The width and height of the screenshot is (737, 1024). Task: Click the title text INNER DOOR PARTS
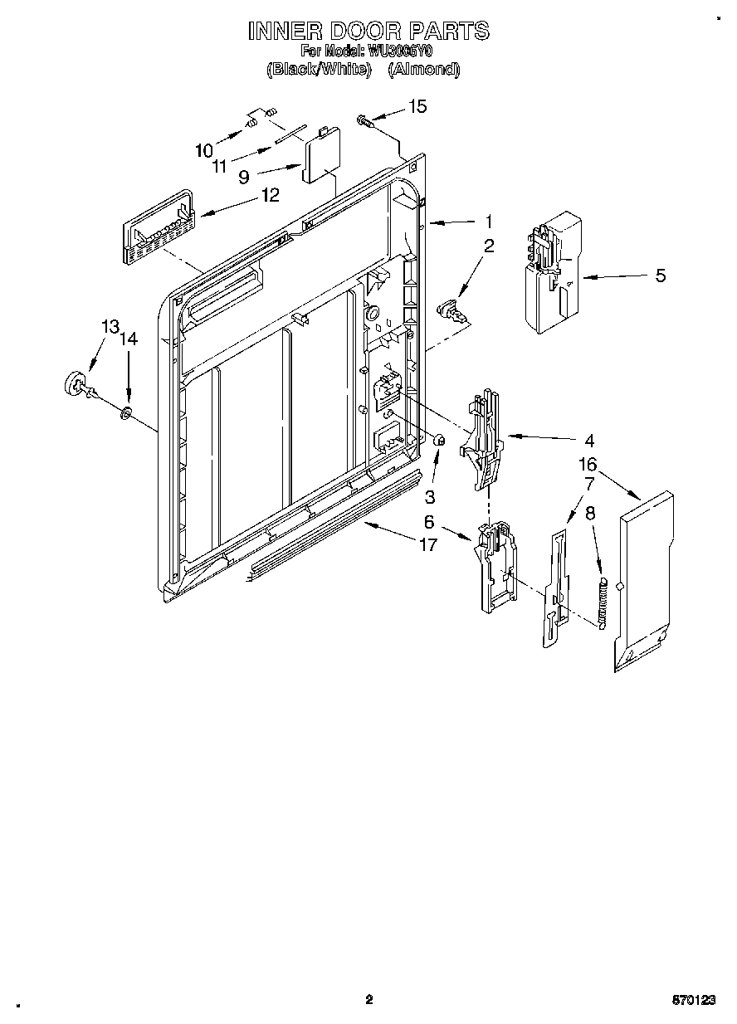click(369, 32)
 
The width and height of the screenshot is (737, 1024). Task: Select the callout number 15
click(417, 106)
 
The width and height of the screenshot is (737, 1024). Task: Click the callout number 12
click(271, 195)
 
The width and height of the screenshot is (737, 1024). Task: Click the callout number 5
click(660, 276)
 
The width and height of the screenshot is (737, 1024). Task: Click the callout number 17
click(429, 546)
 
